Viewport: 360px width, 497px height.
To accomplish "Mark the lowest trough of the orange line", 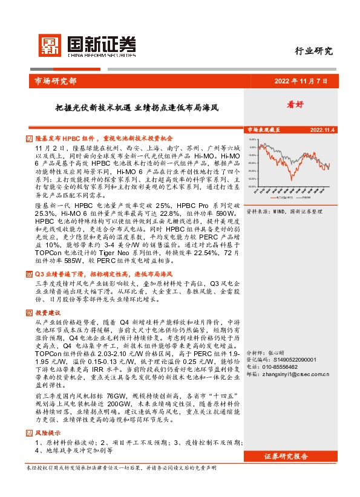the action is (x=292, y=180).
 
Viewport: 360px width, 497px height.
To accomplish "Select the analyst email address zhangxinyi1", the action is (x=296, y=374).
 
